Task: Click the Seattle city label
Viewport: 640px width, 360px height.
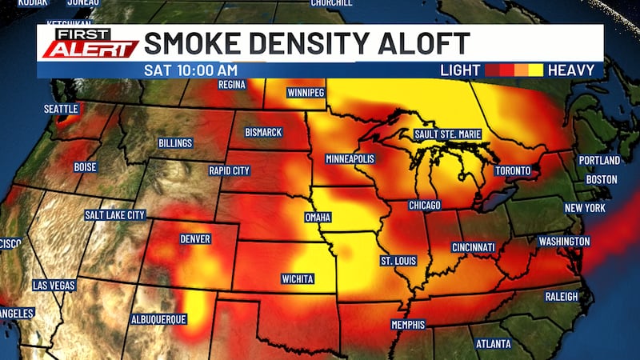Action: pos(62,109)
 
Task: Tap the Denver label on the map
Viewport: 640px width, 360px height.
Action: pos(195,238)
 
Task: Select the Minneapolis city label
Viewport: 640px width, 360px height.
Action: pos(350,159)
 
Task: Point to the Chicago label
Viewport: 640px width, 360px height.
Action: pos(424,206)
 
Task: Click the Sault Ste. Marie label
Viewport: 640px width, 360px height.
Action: pos(447,134)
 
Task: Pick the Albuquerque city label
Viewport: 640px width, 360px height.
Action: pos(158,319)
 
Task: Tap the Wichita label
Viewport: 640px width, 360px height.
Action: pos(298,279)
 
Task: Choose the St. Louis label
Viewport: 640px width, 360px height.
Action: pos(397,261)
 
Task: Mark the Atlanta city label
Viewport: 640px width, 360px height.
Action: pos(492,344)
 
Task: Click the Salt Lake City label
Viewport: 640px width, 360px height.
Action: pos(115,215)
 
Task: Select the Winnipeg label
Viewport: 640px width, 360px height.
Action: pos(306,94)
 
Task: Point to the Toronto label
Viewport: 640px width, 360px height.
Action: pos(512,171)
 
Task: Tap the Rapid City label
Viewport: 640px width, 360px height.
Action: pos(229,170)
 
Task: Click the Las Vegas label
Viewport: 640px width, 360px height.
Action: pos(54,286)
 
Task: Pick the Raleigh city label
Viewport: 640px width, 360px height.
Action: pos(561,297)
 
